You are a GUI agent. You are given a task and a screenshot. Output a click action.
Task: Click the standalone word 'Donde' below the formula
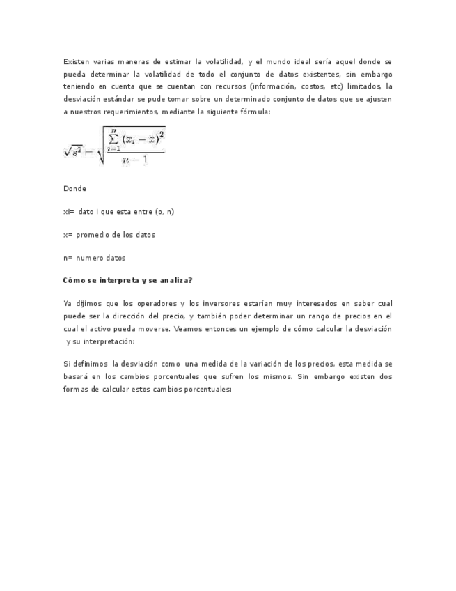click(74, 189)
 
